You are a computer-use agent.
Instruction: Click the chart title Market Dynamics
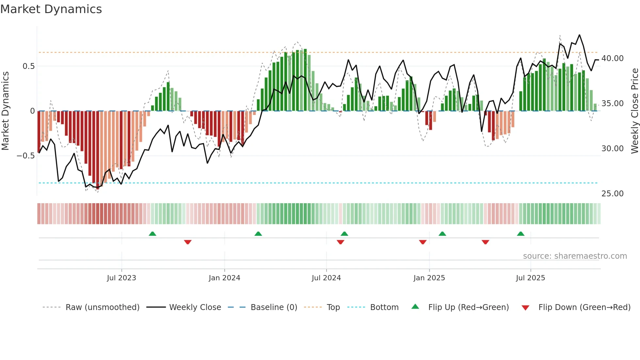[51, 9]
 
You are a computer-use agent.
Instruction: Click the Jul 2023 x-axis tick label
[121, 278]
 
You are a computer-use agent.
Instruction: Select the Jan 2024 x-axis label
[224, 278]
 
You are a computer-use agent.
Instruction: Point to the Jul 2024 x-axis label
[326, 278]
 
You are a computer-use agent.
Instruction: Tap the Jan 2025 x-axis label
[429, 278]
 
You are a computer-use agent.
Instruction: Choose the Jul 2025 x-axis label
[530, 278]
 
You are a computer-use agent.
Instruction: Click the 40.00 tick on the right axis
[612, 58]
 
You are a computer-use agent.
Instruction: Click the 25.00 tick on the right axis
[612, 194]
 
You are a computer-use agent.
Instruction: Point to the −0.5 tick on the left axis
[25, 156]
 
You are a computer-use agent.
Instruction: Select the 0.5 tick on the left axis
[28, 66]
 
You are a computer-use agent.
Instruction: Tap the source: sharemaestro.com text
[575, 256]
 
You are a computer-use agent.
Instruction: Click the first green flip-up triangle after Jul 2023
[152, 234]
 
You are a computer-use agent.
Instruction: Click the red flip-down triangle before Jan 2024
[188, 242]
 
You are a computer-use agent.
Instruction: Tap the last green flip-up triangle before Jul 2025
[521, 234]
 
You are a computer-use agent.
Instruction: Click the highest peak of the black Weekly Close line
[579, 35]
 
